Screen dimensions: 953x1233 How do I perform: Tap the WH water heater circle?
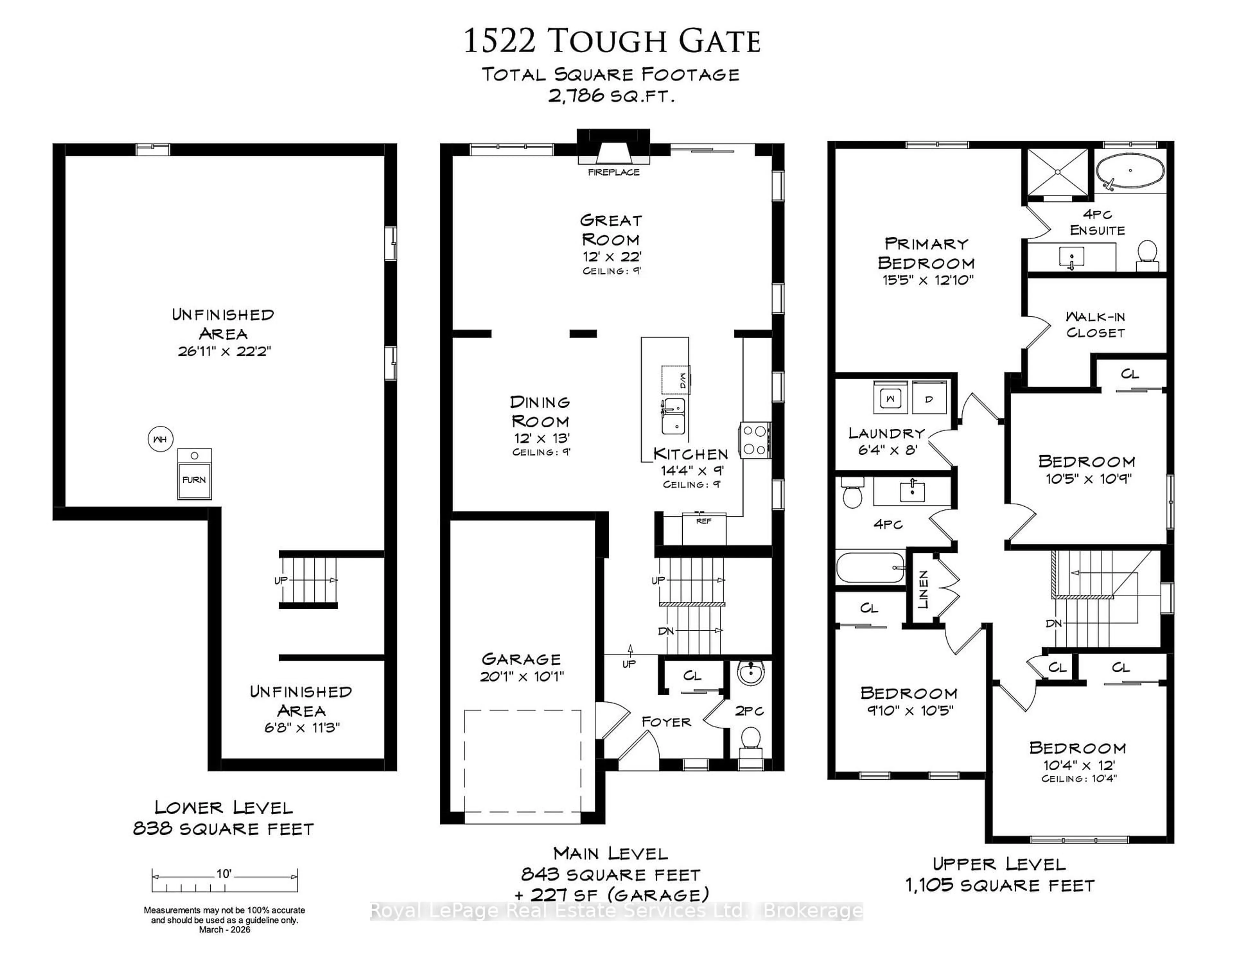[160, 439]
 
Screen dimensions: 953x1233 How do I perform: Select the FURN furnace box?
[194, 474]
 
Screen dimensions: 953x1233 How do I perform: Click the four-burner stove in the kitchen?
[755, 440]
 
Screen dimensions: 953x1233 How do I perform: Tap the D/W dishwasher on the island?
[676, 380]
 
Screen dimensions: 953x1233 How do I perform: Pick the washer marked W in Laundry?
[890, 398]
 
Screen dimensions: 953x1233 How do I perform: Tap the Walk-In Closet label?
[1095, 325]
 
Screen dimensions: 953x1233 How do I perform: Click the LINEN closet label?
[923, 590]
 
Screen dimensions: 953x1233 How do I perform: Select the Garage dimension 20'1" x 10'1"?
[522, 676]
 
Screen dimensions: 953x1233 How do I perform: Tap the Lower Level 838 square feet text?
[223, 829]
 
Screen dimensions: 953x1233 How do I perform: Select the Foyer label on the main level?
[666, 721]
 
